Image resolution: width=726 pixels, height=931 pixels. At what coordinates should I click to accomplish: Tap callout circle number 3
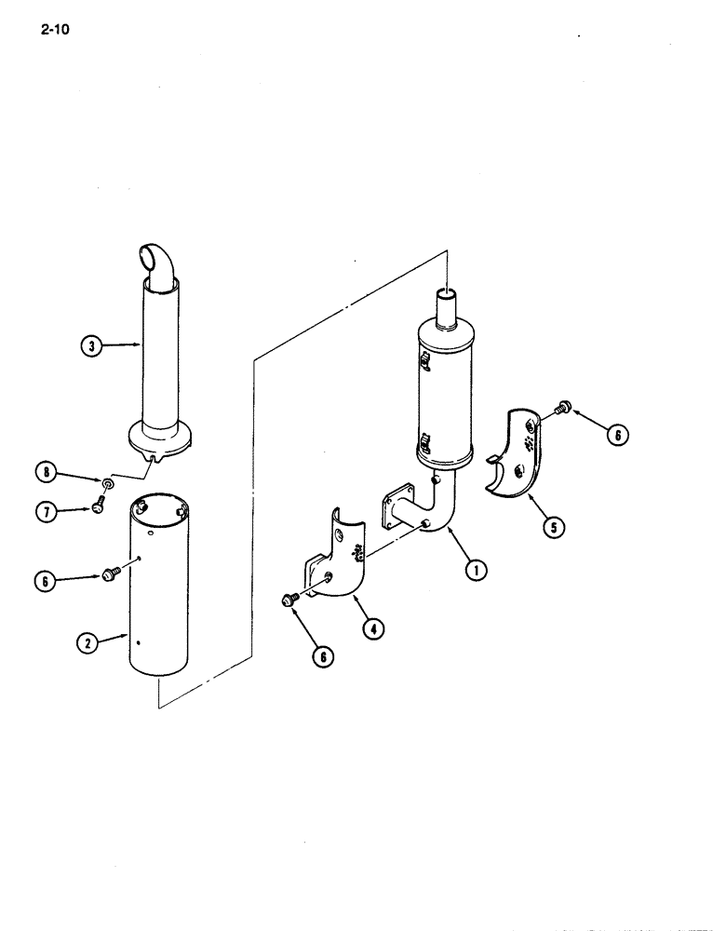(x=89, y=347)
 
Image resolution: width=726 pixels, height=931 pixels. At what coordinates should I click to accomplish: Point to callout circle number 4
(x=373, y=627)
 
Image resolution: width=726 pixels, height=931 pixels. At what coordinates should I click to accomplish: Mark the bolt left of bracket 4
(x=290, y=600)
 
